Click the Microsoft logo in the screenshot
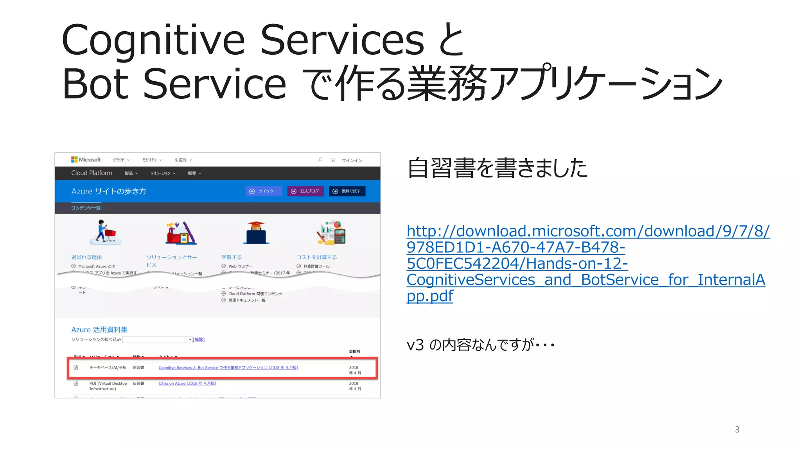point(86,160)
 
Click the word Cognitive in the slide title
point(153,41)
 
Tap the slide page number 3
point(737,430)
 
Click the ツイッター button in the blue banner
point(264,191)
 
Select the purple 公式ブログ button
point(305,191)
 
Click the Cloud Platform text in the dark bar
point(92,173)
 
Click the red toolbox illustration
point(180,233)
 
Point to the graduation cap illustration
point(256,233)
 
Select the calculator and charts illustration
point(331,233)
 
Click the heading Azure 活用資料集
point(99,330)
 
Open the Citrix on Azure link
point(187,383)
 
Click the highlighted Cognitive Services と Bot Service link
point(228,368)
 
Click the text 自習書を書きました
point(497,168)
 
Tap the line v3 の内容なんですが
point(480,345)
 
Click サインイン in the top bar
point(352,160)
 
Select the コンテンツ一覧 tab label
point(86,208)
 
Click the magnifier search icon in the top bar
point(320,160)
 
